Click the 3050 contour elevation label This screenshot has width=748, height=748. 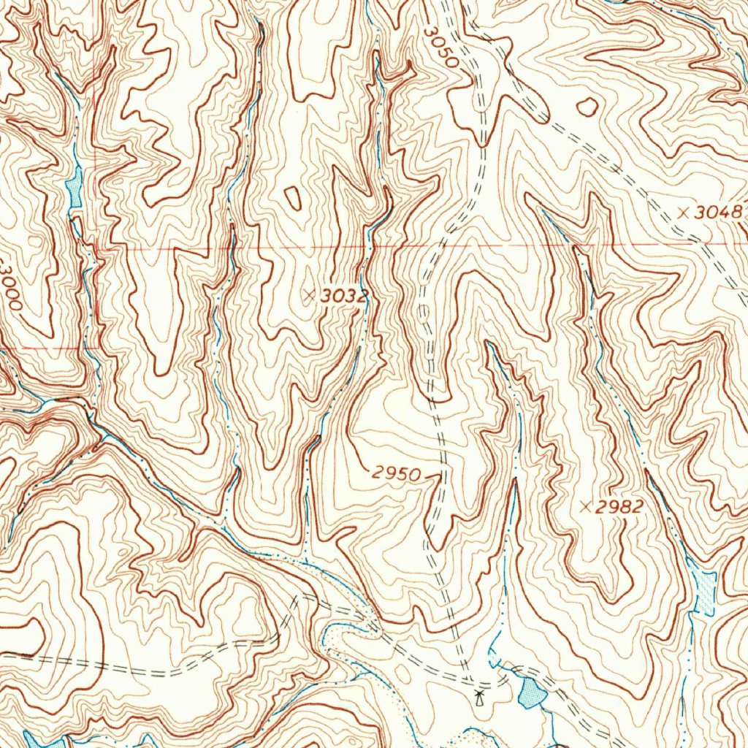(x=442, y=47)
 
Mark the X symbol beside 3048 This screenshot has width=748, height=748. (x=684, y=213)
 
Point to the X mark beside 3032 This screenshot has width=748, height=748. (x=310, y=295)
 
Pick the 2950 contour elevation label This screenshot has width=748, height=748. (x=395, y=474)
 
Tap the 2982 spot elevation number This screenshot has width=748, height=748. (x=619, y=507)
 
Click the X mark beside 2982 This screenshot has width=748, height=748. (x=584, y=506)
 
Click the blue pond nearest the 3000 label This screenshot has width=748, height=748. (x=74, y=188)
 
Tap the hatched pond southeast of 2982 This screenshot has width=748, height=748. (x=706, y=589)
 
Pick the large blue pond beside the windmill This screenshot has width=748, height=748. (x=530, y=692)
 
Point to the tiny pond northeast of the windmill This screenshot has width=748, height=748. (x=494, y=661)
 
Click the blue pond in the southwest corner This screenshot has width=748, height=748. (x=37, y=739)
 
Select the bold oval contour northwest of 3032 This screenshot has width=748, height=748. (x=293, y=197)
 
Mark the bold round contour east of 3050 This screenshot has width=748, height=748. (x=587, y=107)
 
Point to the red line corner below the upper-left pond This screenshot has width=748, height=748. (x=97, y=248)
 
